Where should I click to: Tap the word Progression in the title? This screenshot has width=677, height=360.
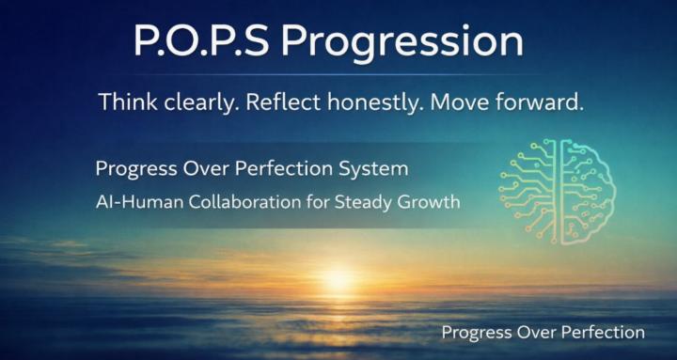[x=401, y=42]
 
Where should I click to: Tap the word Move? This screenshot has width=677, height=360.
[x=457, y=102]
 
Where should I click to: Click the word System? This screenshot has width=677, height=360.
[x=376, y=170]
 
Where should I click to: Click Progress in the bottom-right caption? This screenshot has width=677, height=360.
[x=477, y=332]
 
